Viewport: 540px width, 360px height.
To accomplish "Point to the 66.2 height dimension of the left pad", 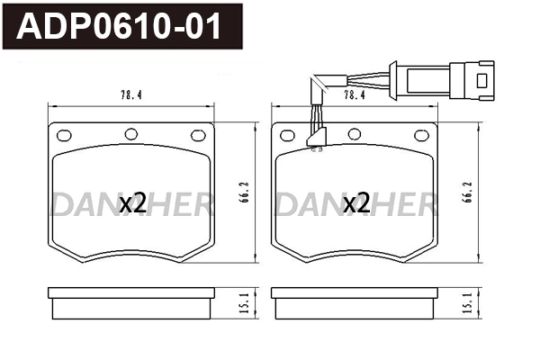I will click(x=244, y=193).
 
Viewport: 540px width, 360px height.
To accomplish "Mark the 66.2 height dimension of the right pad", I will click(x=466, y=193).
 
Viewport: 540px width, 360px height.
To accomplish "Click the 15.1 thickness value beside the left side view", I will click(x=243, y=303).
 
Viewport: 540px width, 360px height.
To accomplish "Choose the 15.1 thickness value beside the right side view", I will click(x=466, y=303).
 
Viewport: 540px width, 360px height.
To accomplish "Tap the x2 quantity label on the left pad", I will click(x=133, y=203).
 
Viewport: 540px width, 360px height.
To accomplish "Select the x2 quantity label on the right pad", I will click(x=356, y=203).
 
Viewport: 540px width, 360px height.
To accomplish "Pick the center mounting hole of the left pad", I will click(x=131, y=134).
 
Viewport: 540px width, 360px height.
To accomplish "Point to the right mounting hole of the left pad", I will click(x=197, y=136).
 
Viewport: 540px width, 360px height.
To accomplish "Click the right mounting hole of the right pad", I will click(x=419, y=136).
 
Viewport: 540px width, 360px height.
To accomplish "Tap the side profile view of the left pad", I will click(x=131, y=302).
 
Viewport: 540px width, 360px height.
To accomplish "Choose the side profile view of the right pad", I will click(x=355, y=302).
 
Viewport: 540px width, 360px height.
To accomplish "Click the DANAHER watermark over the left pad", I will click(x=131, y=205).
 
